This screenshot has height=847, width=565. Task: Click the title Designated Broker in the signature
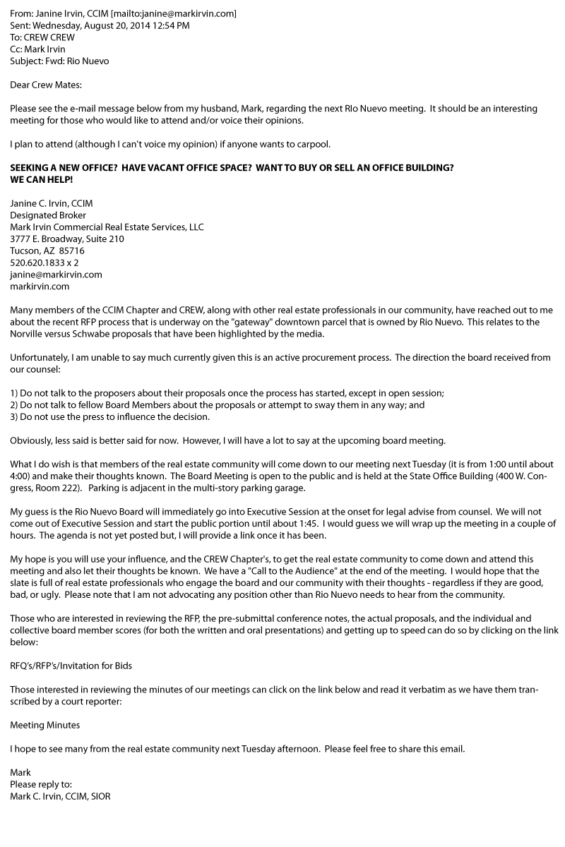[x=48, y=215]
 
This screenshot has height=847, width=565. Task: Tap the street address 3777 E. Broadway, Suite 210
[x=67, y=239]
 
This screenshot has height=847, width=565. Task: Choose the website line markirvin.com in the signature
[x=40, y=287]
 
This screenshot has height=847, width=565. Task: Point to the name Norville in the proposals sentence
[x=28, y=334]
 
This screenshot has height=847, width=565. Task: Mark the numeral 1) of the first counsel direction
[x=14, y=393]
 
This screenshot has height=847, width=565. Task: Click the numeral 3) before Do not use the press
[x=14, y=417]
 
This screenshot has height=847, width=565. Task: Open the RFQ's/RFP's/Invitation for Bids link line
[x=71, y=666]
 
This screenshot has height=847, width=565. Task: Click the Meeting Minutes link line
[x=44, y=725]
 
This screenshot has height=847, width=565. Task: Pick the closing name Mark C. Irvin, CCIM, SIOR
[x=60, y=796]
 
